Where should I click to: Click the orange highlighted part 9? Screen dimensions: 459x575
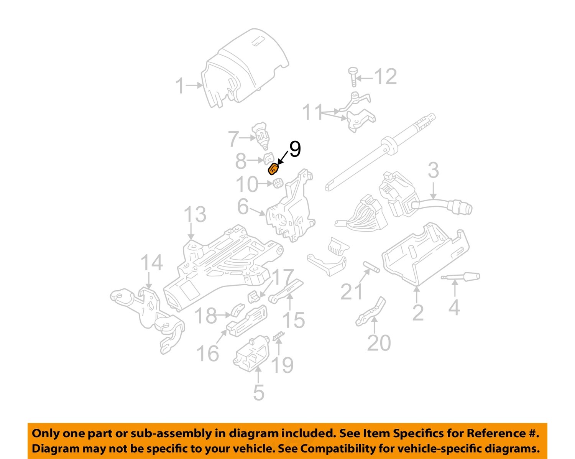(274, 169)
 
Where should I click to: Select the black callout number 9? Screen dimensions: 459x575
(295, 149)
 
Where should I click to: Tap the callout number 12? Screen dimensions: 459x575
(385, 77)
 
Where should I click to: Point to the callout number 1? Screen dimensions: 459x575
(180, 86)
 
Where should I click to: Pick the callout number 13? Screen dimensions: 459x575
(195, 215)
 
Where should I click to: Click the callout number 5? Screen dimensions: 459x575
(259, 392)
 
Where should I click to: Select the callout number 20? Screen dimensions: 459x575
(379, 343)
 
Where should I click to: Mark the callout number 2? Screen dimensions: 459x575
(418, 313)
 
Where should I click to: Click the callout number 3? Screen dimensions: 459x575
(433, 171)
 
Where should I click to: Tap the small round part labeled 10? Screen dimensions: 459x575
(277, 184)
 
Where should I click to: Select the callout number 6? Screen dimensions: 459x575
(243, 207)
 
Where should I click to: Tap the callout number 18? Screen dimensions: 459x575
(206, 316)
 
